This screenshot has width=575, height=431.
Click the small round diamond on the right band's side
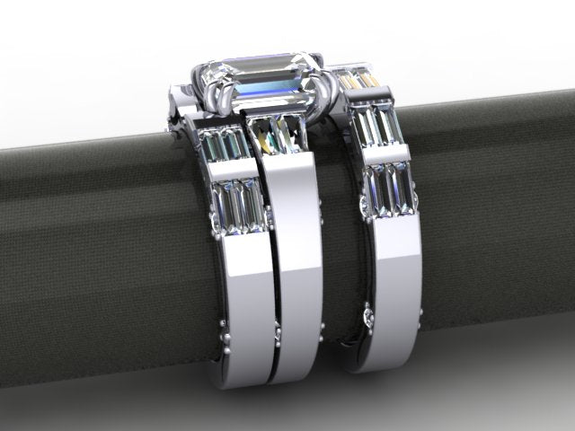tap(368, 316)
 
